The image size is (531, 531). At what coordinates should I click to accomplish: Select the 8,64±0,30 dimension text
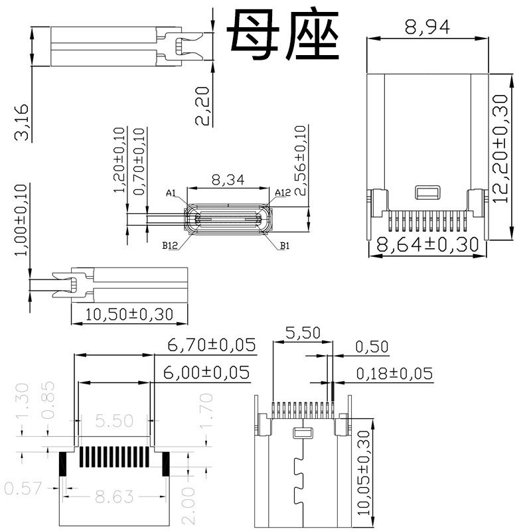point(427,245)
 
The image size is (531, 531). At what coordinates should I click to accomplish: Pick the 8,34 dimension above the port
point(226,180)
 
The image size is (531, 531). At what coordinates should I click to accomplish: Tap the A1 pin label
point(171,194)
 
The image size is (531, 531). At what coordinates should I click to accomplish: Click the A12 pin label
point(283,193)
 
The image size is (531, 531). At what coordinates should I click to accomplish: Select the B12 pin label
point(170,246)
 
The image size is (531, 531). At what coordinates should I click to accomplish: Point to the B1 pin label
point(284,246)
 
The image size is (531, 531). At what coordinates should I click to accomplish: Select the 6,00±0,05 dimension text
point(206,373)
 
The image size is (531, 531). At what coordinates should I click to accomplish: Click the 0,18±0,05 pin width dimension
point(394,374)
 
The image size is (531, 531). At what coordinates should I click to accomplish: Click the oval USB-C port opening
point(227,219)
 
